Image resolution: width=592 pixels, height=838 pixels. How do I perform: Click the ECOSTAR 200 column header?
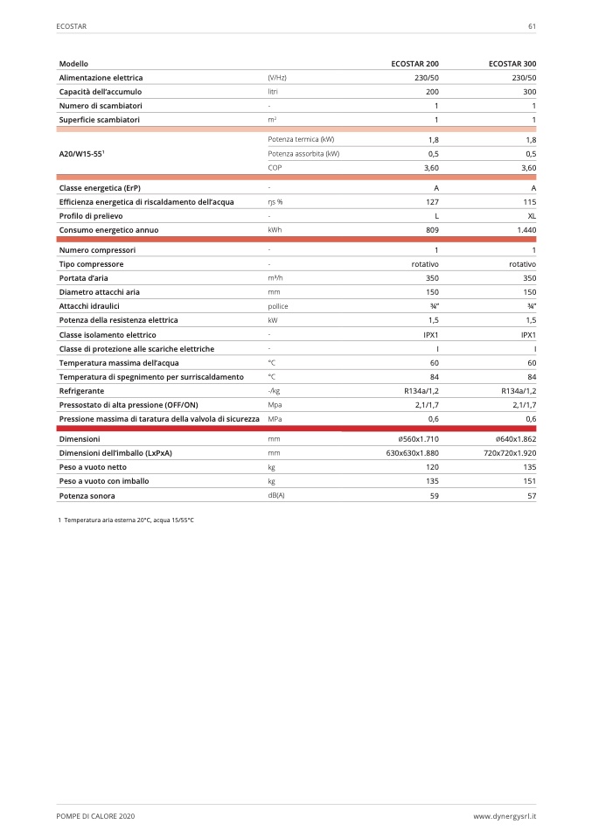click(x=414, y=64)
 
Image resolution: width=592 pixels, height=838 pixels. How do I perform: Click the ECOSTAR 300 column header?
click(x=512, y=64)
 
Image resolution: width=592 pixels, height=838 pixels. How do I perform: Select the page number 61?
click(x=532, y=26)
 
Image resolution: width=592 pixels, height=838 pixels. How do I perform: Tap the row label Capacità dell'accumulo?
click(x=100, y=92)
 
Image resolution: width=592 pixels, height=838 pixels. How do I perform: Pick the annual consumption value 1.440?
click(x=526, y=229)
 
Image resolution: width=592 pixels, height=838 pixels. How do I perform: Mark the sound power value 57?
click(x=532, y=495)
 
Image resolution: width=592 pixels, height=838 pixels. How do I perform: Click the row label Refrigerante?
click(x=82, y=391)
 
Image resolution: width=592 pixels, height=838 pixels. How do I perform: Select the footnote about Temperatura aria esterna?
click(x=125, y=520)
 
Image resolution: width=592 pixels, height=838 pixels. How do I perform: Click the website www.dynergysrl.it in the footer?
click(x=505, y=815)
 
